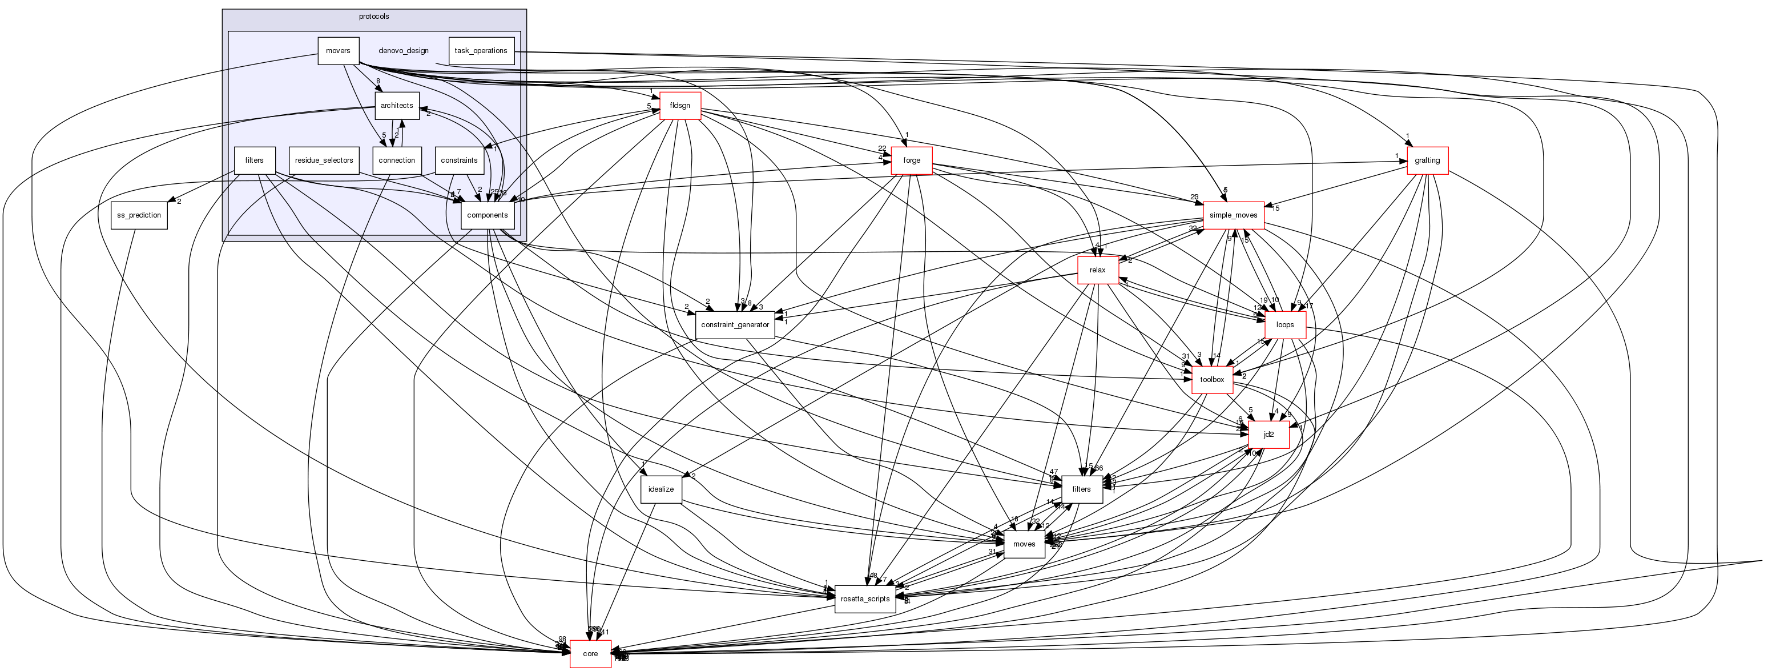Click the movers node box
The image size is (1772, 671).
coord(338,51)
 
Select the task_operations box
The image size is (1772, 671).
coord(481,51)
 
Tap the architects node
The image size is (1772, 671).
coord(397,105)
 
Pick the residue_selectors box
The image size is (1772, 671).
coord(324,160)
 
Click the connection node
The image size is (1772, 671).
coord(397,160)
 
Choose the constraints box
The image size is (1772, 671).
coord(459,160)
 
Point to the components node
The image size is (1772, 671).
coord(487,215)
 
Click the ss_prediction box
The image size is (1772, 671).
coord(139,215)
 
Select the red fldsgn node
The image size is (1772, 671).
coord(680,105)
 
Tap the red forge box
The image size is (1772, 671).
coord(912,160)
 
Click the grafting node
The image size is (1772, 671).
coord(1427,160)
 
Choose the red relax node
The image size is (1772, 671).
coord(1097,270)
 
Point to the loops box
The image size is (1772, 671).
coord(1285,325)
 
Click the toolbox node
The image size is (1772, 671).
coord(1212,379)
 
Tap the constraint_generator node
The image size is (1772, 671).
coord(735,325)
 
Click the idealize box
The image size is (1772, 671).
coord(661,489)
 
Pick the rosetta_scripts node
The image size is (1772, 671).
coord(865,598)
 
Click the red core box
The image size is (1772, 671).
coord(590,653)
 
